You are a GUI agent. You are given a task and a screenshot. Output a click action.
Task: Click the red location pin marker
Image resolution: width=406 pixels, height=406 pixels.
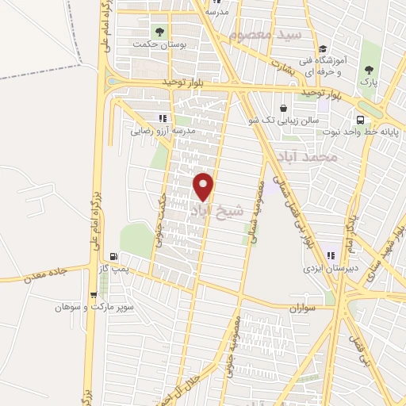click(205, 186)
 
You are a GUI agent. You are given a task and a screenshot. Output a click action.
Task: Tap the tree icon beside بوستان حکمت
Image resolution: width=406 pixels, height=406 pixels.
click(159, 33)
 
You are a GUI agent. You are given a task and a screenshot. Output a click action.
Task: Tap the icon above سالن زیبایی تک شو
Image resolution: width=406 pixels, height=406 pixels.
click(284, 108)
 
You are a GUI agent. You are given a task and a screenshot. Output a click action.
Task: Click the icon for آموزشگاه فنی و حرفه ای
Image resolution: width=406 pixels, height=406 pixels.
click(324, 49)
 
